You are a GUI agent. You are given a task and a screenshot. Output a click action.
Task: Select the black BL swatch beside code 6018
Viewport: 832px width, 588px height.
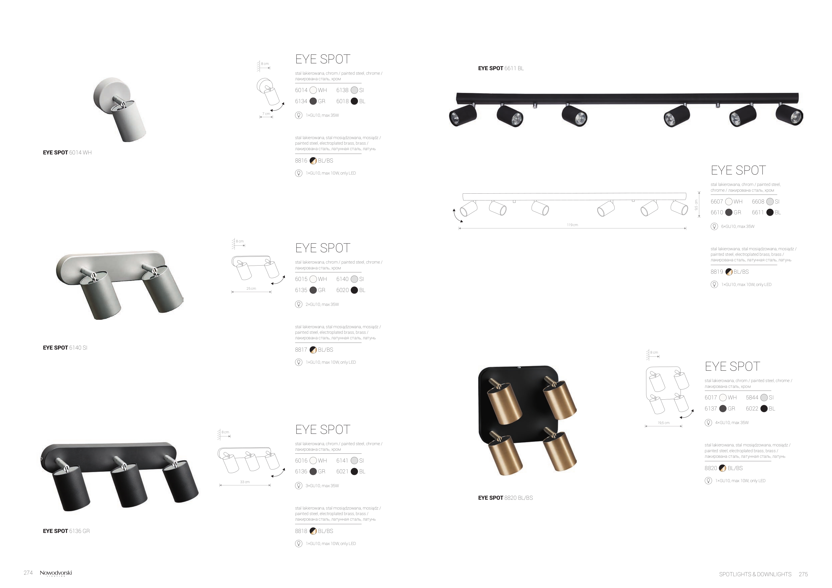[x=354, y=101]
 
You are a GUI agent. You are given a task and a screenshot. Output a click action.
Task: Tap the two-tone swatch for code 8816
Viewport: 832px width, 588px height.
[x=313, y=161]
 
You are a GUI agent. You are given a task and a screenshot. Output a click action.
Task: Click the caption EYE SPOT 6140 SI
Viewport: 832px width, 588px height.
[x=65, y=348]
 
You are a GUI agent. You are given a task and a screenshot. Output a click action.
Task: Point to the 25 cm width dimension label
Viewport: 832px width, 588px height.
[x=251, y=289]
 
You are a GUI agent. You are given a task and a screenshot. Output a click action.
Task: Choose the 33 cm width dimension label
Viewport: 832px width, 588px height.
[x=245, y=482]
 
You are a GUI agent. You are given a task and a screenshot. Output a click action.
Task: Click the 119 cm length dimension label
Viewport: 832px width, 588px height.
[x=573, y=225]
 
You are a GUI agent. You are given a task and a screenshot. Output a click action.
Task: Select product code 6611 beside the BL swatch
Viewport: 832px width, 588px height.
[x=758, y=213]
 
